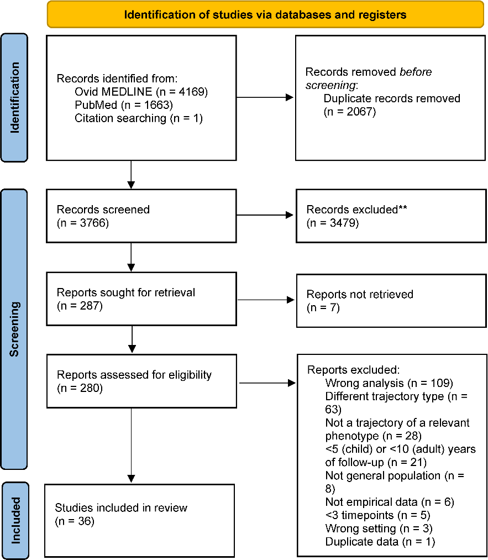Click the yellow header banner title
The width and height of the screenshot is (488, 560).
point(265,14)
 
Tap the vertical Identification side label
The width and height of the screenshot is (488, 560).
point(14,97)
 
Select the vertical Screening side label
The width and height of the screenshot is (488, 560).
point(14,329)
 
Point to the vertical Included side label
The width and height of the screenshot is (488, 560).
point(15,520)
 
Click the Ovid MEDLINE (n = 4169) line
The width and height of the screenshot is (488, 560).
point(141,92)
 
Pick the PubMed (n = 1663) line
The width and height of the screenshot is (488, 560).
point(123,105)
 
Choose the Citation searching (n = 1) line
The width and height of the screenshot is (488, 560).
point(139,118)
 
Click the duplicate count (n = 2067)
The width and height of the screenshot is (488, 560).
point(350,112)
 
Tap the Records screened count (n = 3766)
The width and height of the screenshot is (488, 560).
point(83,223)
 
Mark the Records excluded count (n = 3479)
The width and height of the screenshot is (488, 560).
point(333,223)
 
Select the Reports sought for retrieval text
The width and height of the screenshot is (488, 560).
point(126,292)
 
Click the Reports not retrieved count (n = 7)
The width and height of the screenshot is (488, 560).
point(323,307)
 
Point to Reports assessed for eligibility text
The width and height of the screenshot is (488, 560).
point(134,375)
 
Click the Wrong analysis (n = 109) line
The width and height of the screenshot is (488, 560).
point(389,383)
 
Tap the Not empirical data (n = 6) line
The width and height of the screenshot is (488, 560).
point(390,502)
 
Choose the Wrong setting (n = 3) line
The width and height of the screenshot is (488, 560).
point(379,528)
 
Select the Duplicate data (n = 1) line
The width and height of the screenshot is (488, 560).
point(380,542)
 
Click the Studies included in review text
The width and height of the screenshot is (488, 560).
point(121,508)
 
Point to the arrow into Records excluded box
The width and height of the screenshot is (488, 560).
point(265,215)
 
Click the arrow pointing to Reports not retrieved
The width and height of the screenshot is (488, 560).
point(266,300)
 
